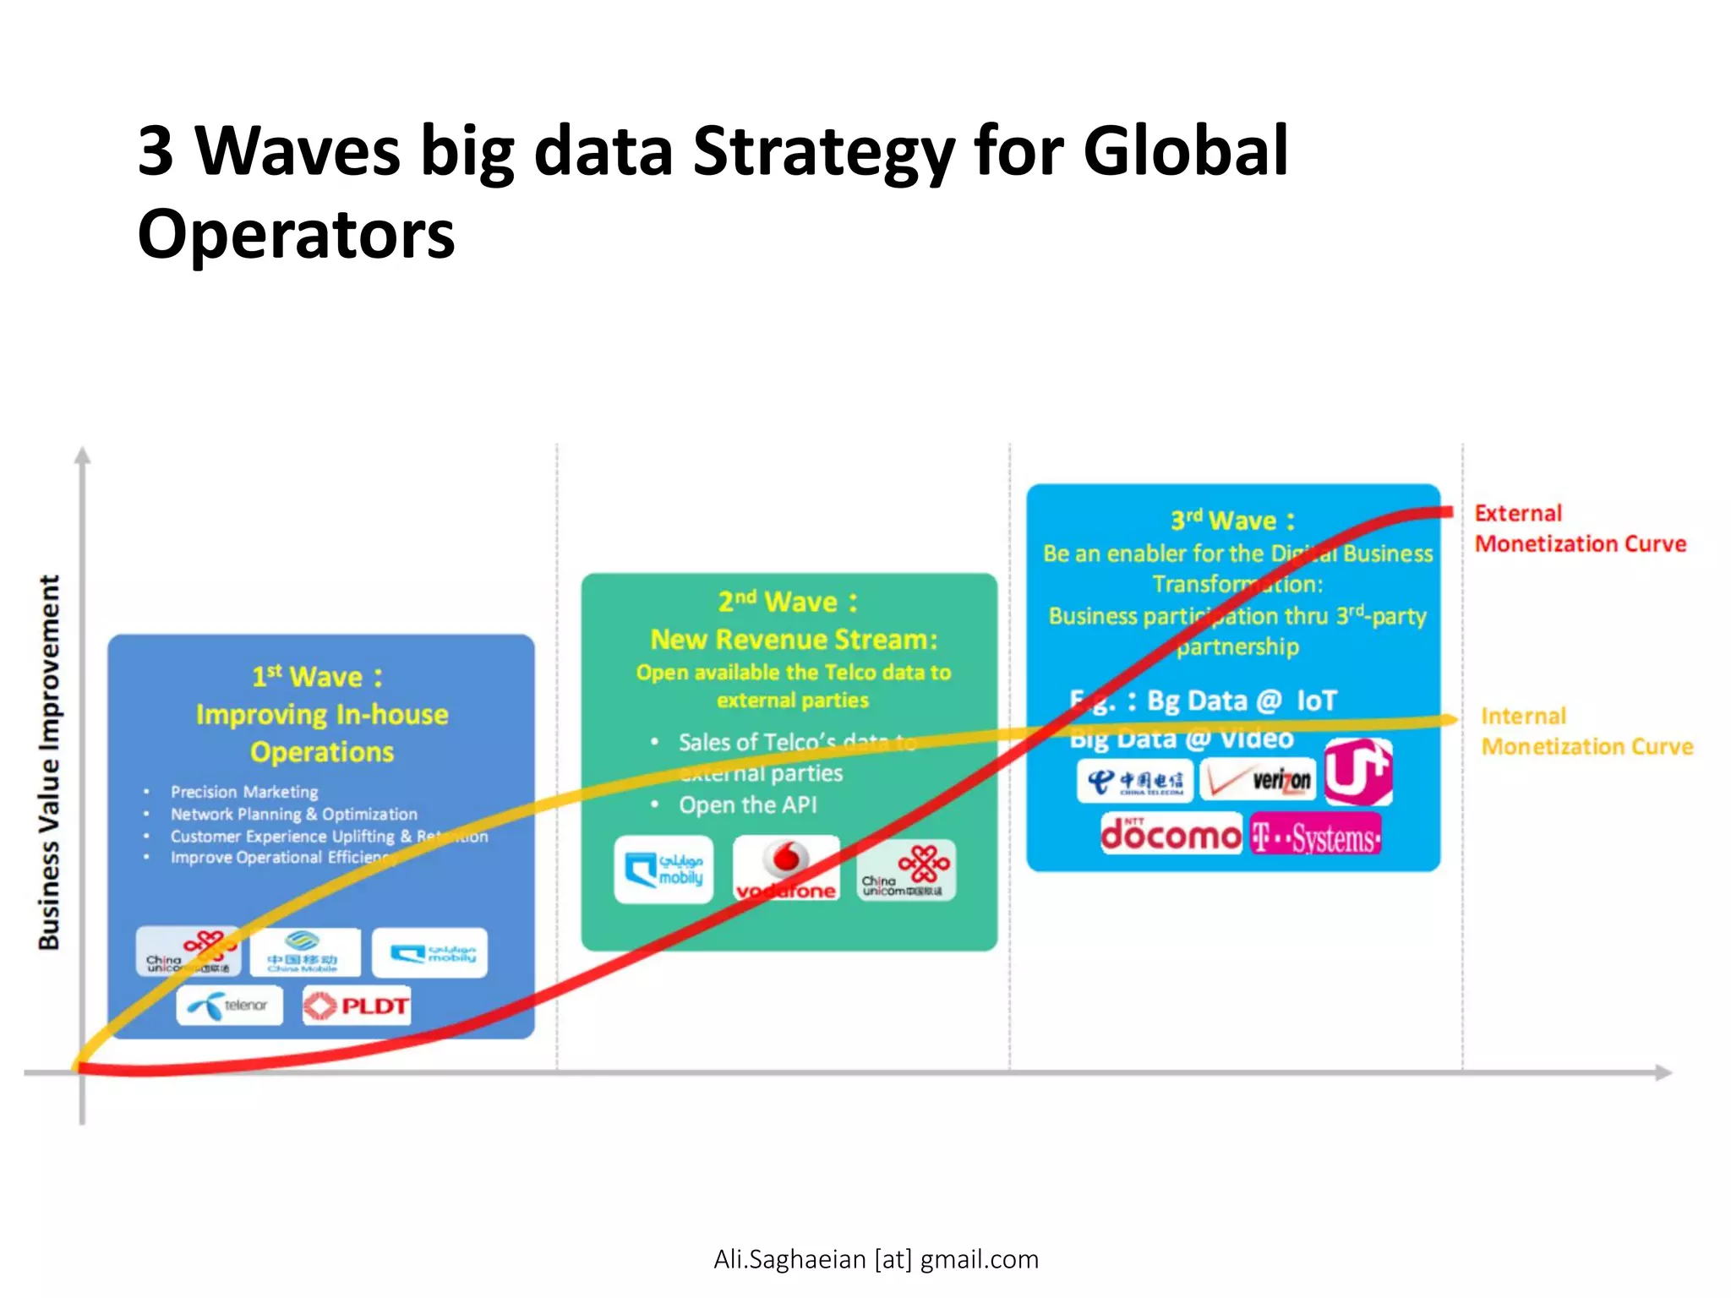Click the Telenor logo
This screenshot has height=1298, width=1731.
tap(229, 1005)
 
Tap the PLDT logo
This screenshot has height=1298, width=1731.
tap(357, 1006)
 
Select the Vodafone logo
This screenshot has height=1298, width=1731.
tap(786, 868)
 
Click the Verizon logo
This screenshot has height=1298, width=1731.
tap(1258, 779)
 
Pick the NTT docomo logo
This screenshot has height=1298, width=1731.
tap(1171, 834)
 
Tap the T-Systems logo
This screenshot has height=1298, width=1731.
tap(1315, 836)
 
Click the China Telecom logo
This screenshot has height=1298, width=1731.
tap(1136, 781)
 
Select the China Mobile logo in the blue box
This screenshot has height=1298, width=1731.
tap(304, 952)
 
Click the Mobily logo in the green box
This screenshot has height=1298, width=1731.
tap(664, 870)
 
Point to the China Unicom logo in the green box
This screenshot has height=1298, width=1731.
tap(906, 870)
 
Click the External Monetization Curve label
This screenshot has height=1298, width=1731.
tap(1579, 528)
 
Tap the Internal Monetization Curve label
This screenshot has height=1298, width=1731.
tap(1586, 731)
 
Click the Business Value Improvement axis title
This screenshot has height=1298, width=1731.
tap(49, 762)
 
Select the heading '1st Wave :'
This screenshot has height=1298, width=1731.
tap(317, 677)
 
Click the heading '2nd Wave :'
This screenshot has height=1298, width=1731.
tap(788, 602)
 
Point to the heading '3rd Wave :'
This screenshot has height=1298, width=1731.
tap(1232, 520)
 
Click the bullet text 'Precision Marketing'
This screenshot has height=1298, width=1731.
tap(244, 792)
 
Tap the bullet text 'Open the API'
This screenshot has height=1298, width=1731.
tap(748, 804)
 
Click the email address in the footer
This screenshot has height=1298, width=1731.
tap(876, 1259)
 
